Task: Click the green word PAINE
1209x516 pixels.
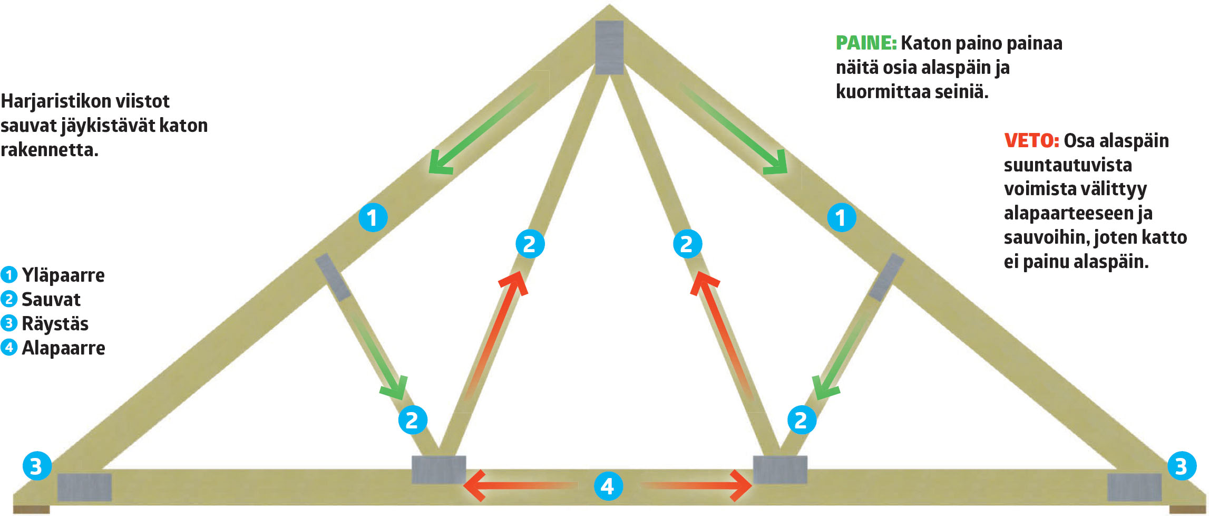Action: tap(866, 43)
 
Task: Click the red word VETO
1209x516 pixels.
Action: tap(1031, 141)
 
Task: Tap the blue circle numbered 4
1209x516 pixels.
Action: tap(608, 486)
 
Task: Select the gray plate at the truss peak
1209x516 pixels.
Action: tap(609, 47)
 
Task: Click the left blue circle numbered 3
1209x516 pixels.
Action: tap(36, 466)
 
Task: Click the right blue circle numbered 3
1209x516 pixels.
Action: tap(1181, 466)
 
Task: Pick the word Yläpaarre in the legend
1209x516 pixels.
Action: tap(63, 275)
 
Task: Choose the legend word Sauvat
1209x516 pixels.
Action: tap(51, 299)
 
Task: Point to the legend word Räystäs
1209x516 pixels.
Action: tap(55, 323)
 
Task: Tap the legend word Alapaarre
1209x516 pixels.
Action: tap(63, 348)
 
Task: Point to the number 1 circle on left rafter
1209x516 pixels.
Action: tap(373, 217)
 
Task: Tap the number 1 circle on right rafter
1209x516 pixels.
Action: tap(841, 217)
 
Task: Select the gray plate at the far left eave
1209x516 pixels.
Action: tap(84, 487)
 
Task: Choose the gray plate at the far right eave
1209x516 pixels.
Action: tap(1134, 487)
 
